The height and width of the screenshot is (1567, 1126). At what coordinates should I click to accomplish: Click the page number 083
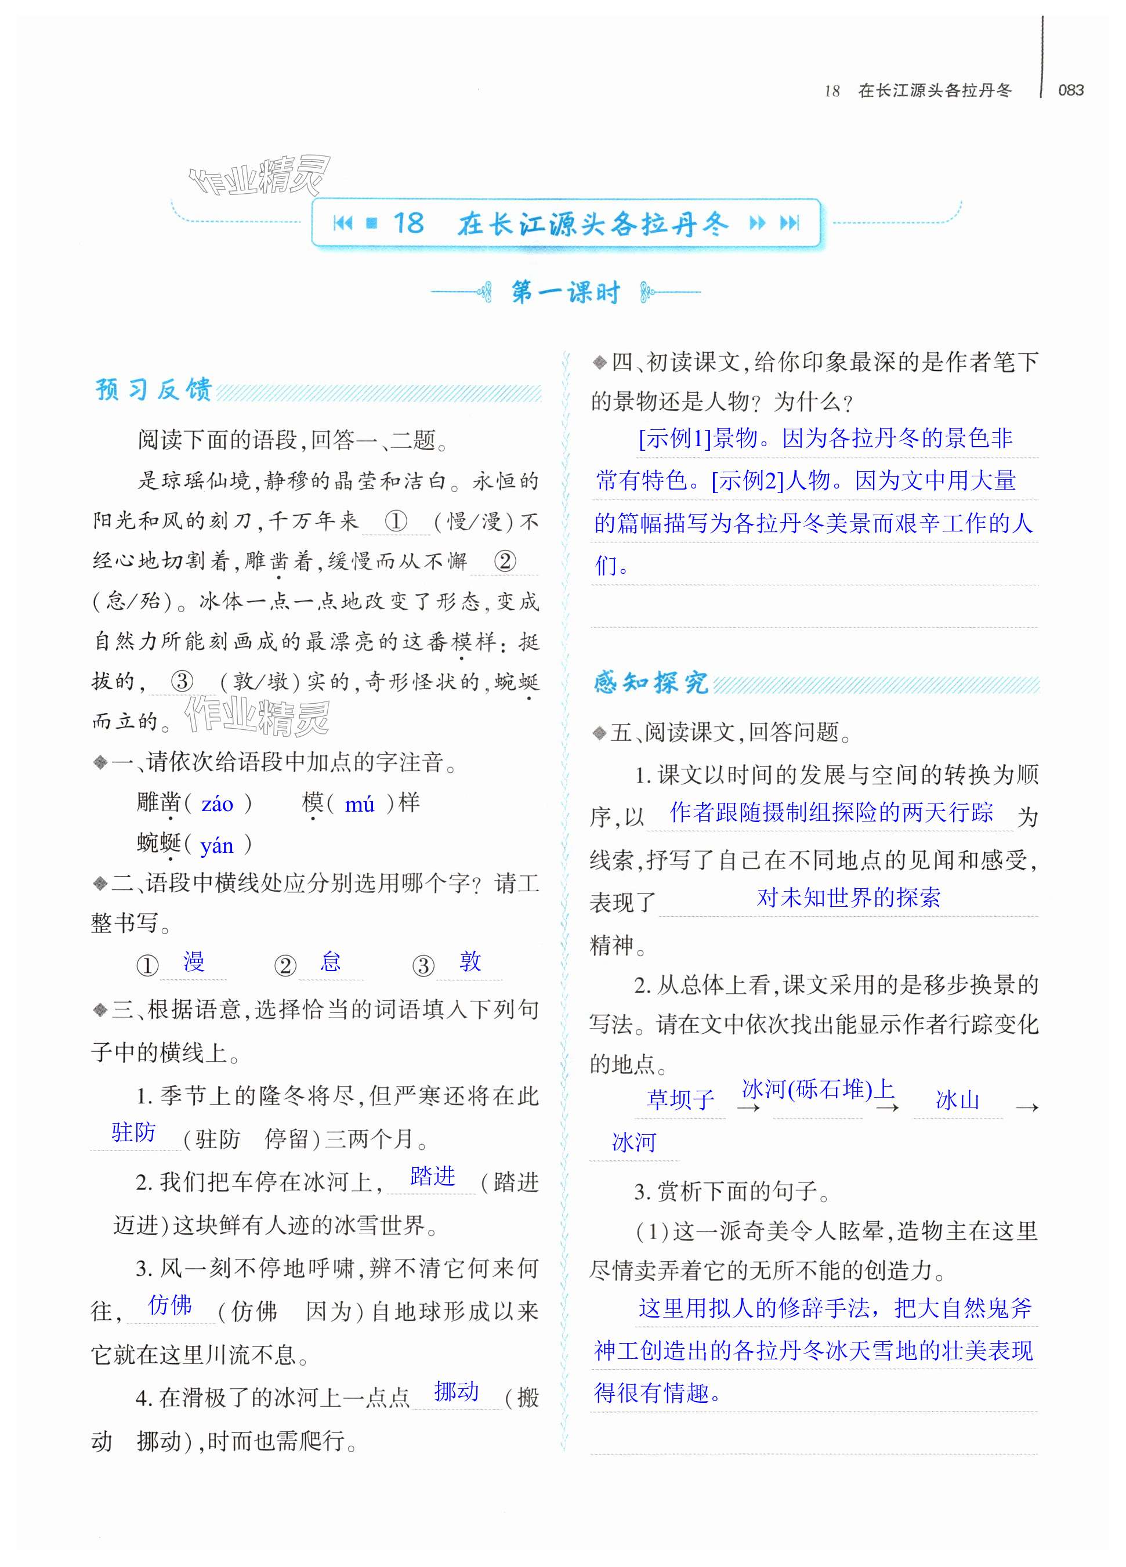click(x=1070, y=90)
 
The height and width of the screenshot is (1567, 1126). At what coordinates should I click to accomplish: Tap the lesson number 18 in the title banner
click(x=408, y=223)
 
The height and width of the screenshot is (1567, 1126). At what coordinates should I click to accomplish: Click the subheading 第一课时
click(x=565, y=292)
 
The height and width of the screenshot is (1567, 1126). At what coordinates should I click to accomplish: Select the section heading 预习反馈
click(x=153, y=390)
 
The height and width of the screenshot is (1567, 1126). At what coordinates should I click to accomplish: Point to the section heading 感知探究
click(x=651, y=683)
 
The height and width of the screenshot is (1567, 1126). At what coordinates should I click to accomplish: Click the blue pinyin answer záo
click(x=217, y=804)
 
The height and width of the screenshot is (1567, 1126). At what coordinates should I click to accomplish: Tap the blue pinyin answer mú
click(x=359, y=804)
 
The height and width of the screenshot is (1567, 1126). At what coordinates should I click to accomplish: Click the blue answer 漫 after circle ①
click(x=193, y=962)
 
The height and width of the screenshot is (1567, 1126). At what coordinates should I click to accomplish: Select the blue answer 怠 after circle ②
click(x=331, y=962)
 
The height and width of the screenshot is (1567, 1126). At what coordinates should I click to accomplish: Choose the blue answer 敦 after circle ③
click(x=470, y=962)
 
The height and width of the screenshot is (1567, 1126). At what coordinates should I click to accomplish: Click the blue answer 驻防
click(x=134, y=1132)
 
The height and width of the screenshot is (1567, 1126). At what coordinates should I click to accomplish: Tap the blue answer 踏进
click(x=432, y=1176)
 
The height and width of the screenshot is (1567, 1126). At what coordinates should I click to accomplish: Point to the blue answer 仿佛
click(x=170, y=1304)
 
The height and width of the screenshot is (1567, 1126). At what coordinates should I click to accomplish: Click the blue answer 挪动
click(x=456, y=1391)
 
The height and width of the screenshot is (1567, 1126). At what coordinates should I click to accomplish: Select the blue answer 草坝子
click(x=680, y=1099)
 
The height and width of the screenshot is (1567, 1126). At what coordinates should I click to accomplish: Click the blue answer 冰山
click(x=957, y=1099)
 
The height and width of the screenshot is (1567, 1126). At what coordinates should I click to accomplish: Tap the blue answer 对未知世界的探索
click(x=848, y=898)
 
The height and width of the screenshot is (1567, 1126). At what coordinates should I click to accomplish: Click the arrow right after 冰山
click(x=1027, y=1108)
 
